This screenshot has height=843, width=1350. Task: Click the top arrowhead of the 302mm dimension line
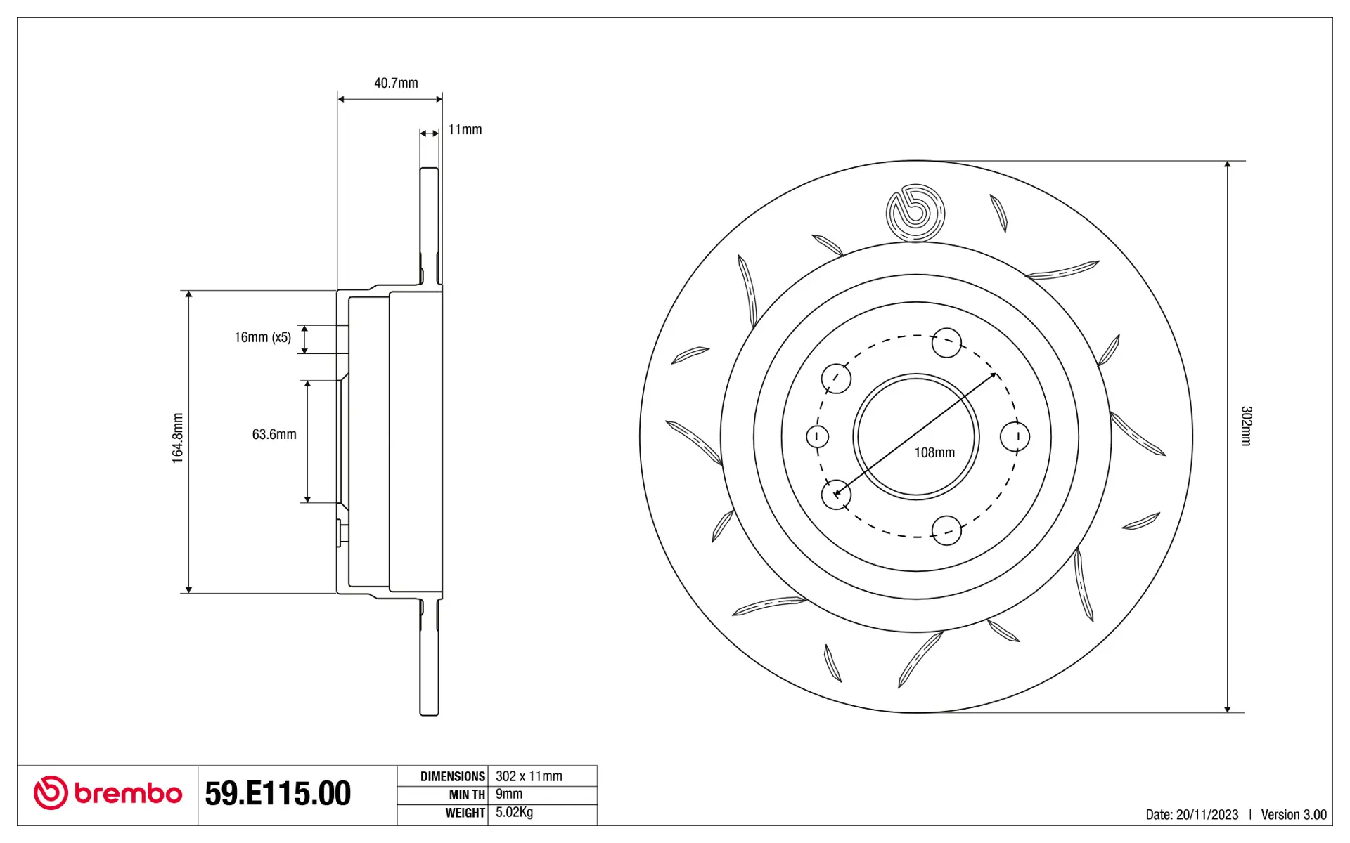coord(1227,164)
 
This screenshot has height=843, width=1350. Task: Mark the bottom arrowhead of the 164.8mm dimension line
coord(188,589)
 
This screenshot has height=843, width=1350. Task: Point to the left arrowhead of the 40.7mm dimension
coord(341,99)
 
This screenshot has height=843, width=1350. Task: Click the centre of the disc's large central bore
coord(916,436)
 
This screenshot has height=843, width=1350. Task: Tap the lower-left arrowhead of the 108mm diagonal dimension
coord(837,492)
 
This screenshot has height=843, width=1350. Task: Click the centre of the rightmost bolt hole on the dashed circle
coord(1015,436)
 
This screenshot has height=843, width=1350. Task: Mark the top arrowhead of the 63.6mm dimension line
coord(307,384)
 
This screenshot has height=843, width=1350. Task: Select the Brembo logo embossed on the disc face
coord(915,213)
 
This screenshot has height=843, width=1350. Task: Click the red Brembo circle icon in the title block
coord(51,793)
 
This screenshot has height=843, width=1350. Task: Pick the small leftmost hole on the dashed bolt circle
coord(817,436)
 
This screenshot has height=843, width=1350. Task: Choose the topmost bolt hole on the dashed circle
coord(946,343)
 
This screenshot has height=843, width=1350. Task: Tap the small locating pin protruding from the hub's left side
coord(340,532)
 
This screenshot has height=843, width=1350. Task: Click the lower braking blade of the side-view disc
coord(429,657)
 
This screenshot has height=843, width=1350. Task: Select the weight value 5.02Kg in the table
coord(514,813)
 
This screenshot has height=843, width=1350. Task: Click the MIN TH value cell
coord(542,795)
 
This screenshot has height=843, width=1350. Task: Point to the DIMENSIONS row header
coord(453,776)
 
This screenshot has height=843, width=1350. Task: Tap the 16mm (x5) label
coord(262,337)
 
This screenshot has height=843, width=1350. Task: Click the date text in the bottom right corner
coord(1192,814)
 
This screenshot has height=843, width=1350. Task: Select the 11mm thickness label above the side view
coord(465,129)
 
